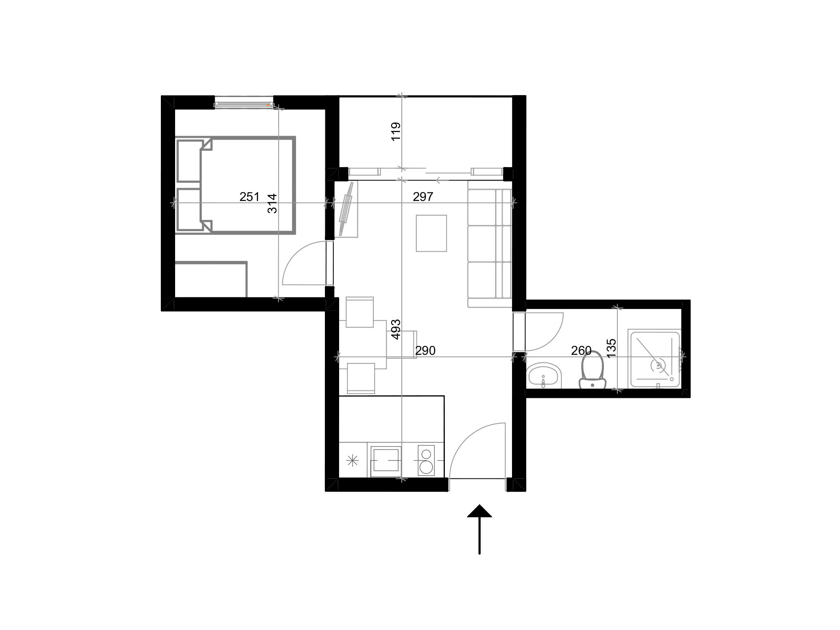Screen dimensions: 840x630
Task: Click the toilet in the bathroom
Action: (592, 369)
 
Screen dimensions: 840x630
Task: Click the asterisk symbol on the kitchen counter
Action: (352, 460)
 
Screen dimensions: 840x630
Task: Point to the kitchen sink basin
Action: (385, 460)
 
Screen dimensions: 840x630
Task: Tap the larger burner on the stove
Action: (426, 467)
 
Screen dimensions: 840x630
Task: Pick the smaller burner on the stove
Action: (426, 454)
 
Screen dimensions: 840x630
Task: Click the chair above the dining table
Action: (360, 312)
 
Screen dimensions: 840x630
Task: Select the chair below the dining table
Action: (360, 378)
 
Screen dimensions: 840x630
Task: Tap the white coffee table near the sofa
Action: (431, 233)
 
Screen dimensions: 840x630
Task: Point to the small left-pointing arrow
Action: (442, 181)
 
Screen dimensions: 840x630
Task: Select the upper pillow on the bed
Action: (190, 161)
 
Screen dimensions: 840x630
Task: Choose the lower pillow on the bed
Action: (190, 209)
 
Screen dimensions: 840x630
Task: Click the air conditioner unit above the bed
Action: (244, 102)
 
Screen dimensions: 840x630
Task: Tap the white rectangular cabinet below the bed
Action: (211, 279)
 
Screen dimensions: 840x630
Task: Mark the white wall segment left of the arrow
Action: (364, 172)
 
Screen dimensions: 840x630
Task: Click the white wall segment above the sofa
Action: (487, 172)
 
